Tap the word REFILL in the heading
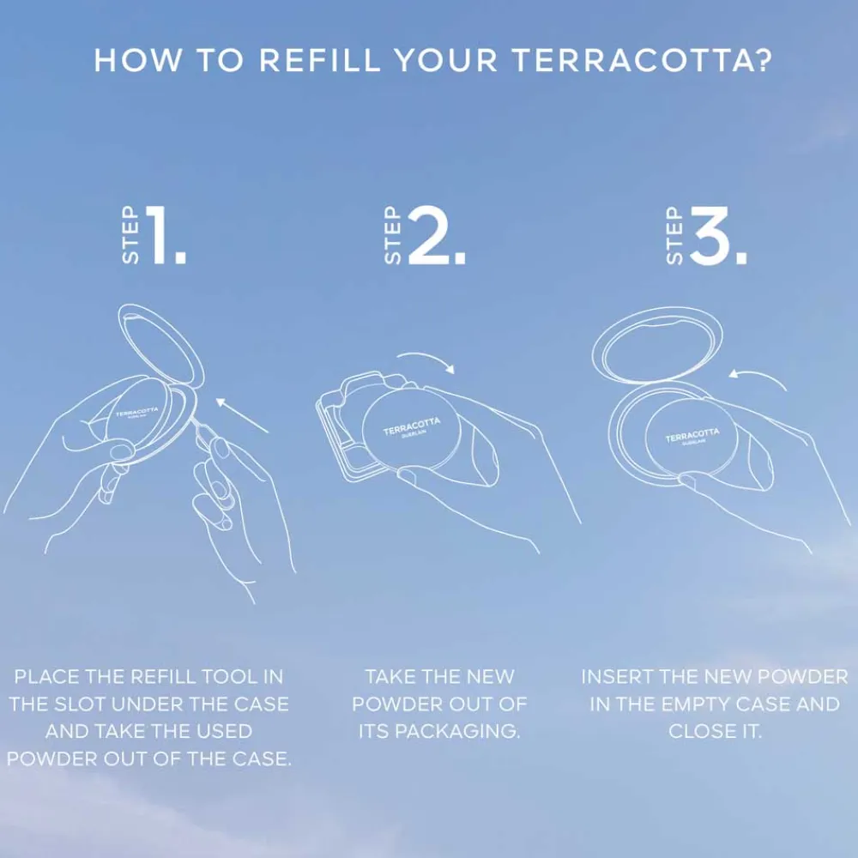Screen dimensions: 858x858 pyautogui.click(x=319, y=60)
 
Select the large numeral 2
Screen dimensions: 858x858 pyautogui.click(x=436, y=235)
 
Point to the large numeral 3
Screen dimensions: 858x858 pyautogui.click(x=717, y=235)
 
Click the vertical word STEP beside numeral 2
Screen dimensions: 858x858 pyautogui.click(x=393, y=235)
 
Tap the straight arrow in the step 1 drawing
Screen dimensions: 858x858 pyautogui.click(x=242, y=415)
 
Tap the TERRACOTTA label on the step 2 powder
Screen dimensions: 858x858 pyautogui.click(x=412, y=426)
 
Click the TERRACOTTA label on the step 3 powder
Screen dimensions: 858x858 pyautogui.click(x=692, y=436)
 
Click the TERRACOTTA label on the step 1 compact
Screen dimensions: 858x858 pyautogui.click(x=136, y=412)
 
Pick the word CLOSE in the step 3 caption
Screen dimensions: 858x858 pyautogui.click(x=698, y=732)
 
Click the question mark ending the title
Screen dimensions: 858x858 pyautogui.click(x=764, y=60)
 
